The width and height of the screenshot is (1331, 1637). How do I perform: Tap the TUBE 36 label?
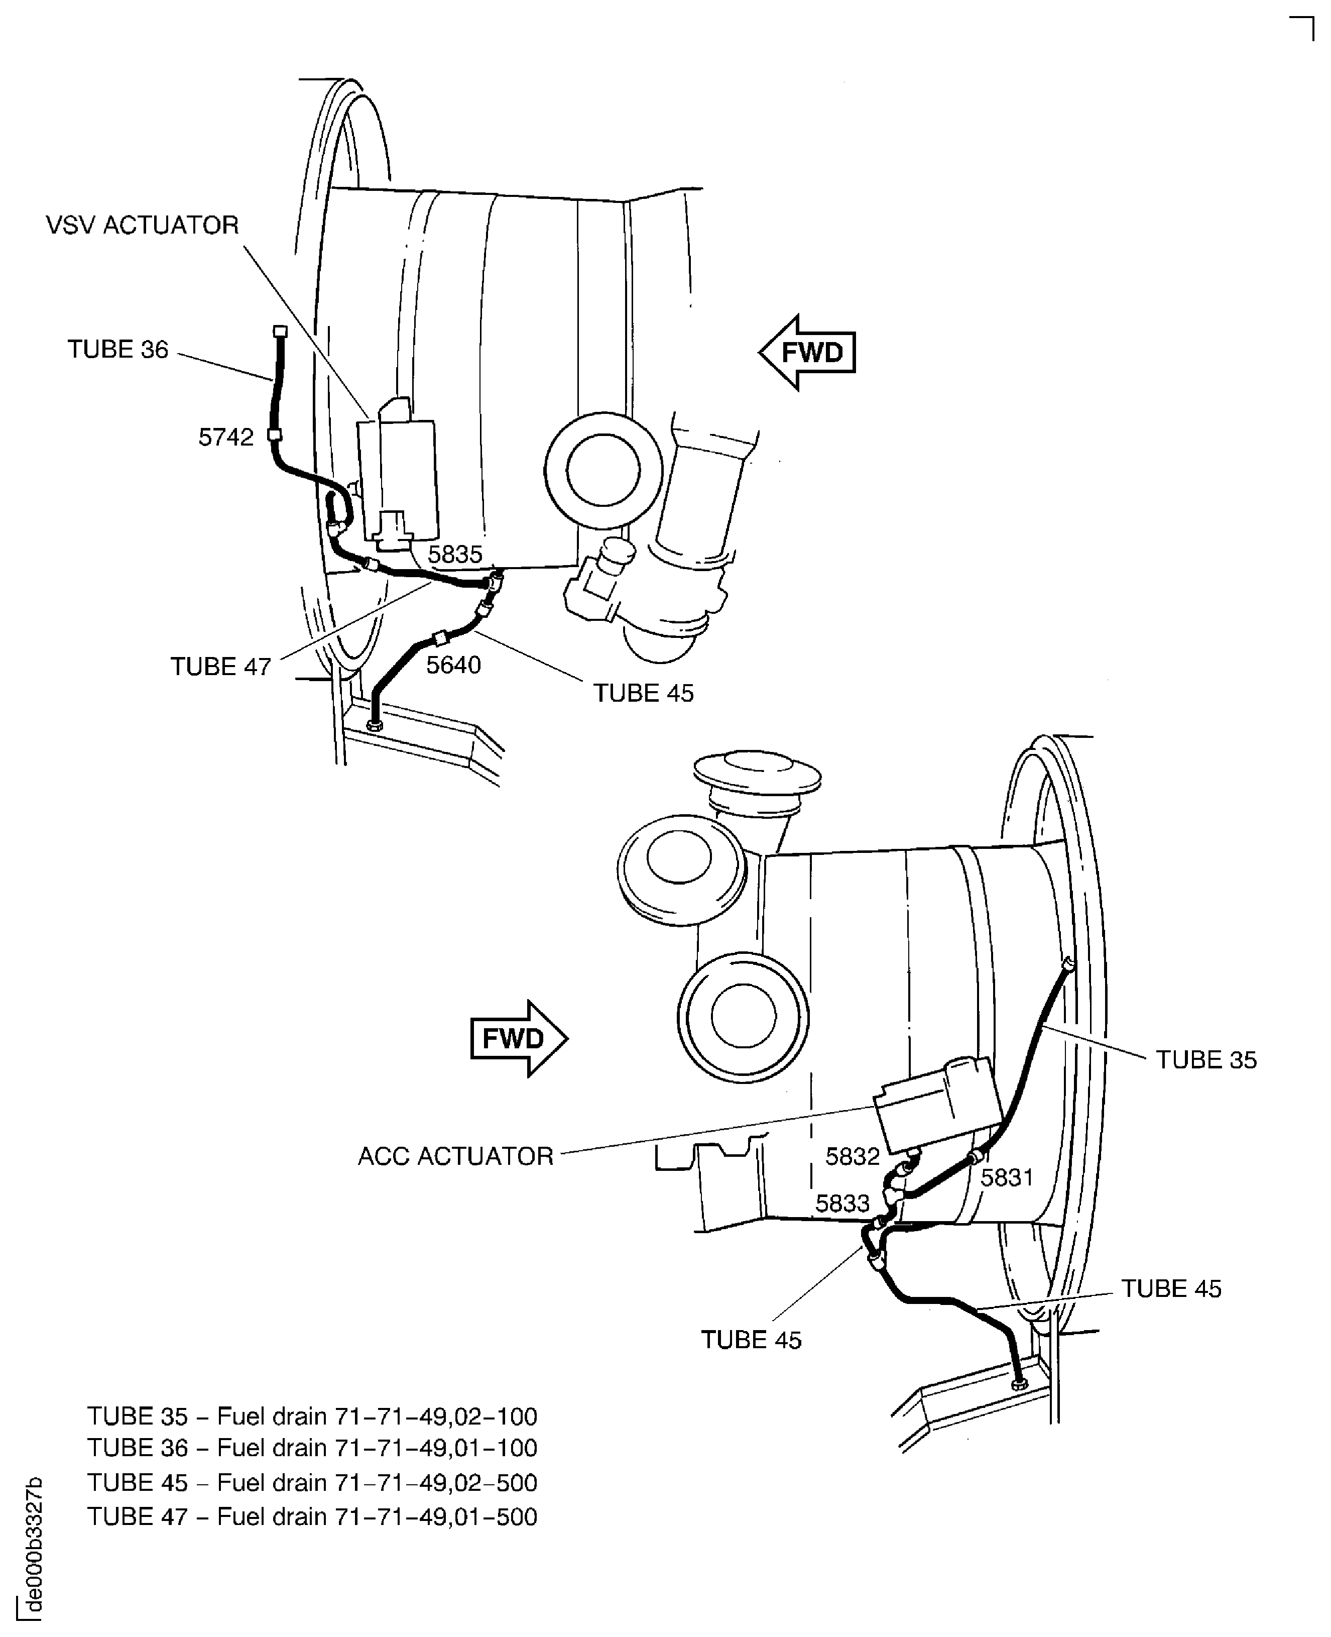pyautogui.click(x=118, y=349)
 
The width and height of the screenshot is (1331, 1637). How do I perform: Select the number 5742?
pyautogui.click(x=225, y=436)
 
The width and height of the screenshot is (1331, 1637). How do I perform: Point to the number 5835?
pyautogui.click(x=455, y=554)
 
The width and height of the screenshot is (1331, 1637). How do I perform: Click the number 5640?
pyautogui.click(x=454, y=665)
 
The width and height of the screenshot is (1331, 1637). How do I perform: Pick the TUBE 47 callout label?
pyautogui.click(x=221, y=666)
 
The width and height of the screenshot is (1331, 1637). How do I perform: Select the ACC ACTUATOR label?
pyautogui.click(x=455, y=1156)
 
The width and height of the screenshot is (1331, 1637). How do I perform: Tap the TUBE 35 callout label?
pyautogui.click(x=1207, y=1059)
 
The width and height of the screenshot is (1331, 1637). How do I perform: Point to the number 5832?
pyautogui.click(x=853, y=1156)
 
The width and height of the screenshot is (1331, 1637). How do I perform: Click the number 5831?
pyautogui.click(x=1008, y=1177)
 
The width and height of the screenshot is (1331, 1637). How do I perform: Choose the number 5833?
pyautogui.click(x=842, y=1203)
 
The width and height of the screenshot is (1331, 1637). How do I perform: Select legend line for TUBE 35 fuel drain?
pyautogui.click(x=312, y=1415)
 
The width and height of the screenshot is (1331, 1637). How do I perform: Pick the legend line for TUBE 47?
pyautogui.click(x=312, y=1516)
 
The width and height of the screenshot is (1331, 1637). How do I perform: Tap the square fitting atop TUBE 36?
pyautogui.click(x=280, y=332)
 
